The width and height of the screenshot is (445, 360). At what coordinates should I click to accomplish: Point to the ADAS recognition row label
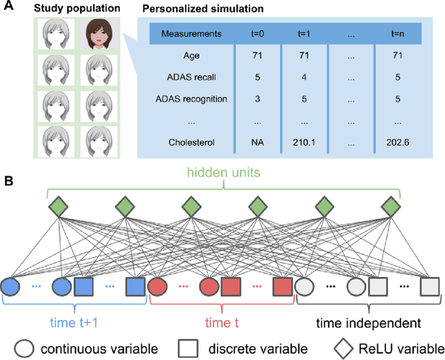coord(192,99)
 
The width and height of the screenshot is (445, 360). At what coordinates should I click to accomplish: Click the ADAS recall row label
coord(192,77)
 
